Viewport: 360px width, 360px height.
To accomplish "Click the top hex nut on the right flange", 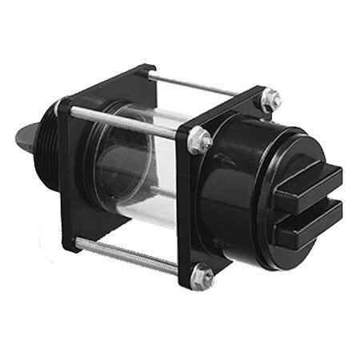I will coord(269,99).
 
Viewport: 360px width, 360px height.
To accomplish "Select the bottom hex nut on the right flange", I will coord(203,277).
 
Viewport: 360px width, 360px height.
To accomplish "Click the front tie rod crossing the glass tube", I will coord(128,121).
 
